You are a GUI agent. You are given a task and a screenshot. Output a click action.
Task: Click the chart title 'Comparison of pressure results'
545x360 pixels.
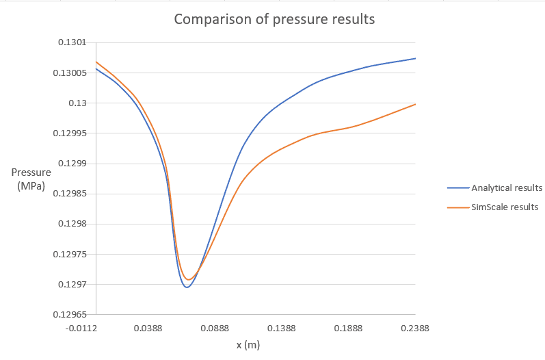coord(274,19)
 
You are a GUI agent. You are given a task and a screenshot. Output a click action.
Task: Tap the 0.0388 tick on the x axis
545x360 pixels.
coord(148,329)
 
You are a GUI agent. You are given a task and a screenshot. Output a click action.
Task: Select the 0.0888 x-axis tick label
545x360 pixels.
coord(215,329)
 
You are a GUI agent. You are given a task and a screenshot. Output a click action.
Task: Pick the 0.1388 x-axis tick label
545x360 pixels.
coord(282,329)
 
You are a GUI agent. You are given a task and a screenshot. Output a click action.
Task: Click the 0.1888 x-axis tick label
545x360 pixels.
coord(348,329)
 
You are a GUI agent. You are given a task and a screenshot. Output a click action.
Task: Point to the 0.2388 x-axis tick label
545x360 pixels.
coord(415,329)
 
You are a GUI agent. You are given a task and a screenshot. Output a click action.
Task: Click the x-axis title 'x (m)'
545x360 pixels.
coord(248,345)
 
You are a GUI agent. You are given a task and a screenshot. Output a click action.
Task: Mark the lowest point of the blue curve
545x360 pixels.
coord(186,287)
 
